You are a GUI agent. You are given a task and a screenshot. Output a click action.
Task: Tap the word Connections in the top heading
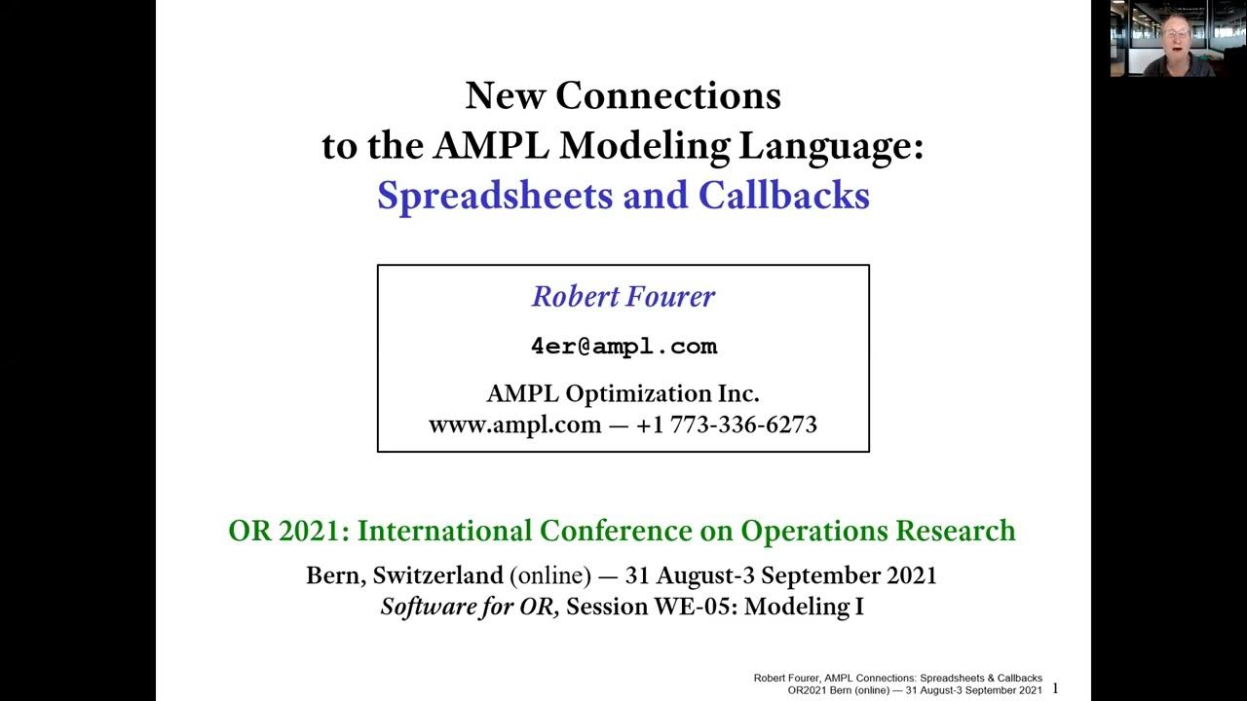[x=667, y=96]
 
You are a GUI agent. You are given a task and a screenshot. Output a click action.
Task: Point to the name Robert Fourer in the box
[x=623, y=297]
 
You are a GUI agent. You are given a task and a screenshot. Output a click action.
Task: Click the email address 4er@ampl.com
[x=623, y=347]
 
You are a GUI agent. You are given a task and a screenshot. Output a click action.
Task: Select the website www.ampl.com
[x=514, y=424]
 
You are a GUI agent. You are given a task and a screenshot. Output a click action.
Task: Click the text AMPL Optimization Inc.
[x=623, y=393]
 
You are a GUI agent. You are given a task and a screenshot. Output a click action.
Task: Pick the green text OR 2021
[x=286, y=531]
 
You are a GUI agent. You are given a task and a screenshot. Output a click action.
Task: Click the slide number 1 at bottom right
[x=1055, y=688]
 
